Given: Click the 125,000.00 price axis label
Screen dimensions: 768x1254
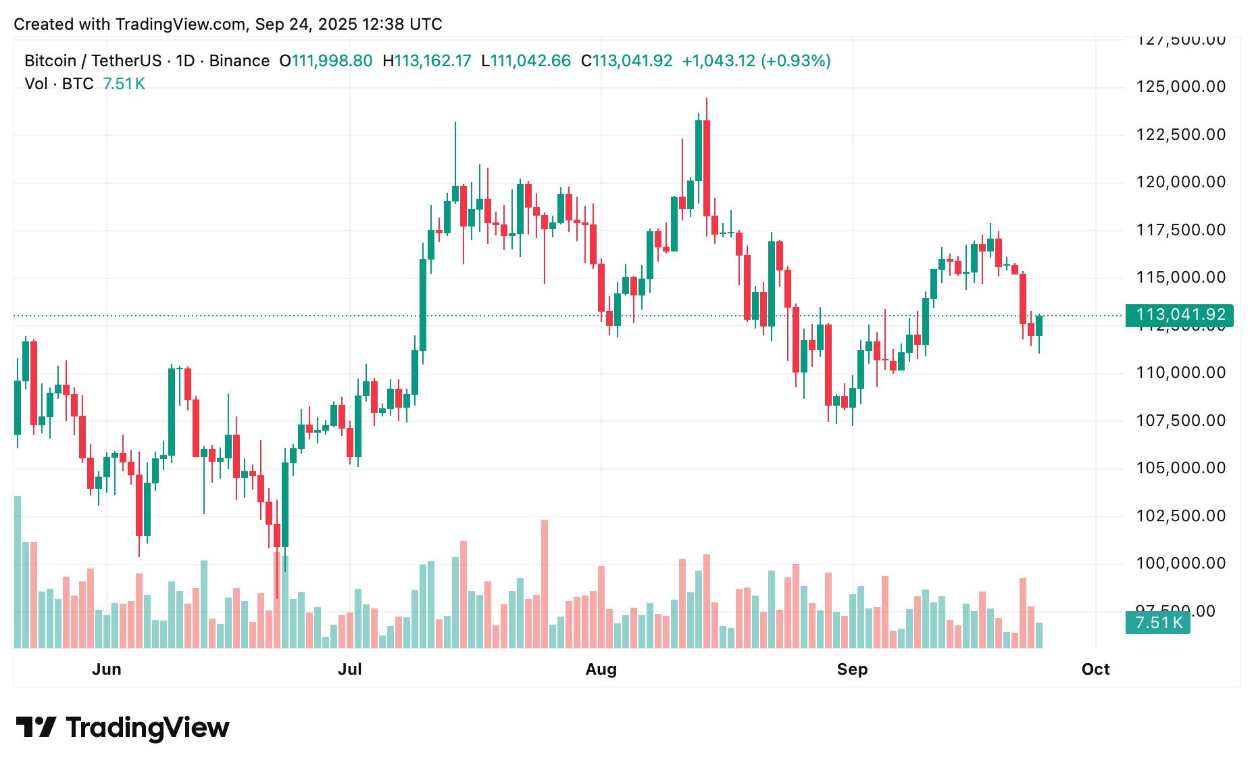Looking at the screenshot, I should tap(1180, 87).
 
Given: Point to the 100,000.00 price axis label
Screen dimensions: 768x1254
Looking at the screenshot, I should tap(1180, 563).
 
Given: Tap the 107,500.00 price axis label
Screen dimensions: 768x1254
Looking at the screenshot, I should tap(1180, 421).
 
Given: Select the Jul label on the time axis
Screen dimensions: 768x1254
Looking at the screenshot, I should tap(349, 669).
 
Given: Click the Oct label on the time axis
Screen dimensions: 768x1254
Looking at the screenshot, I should tap(1095, 669).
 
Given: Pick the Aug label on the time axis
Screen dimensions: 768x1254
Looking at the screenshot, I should tap(601, 669).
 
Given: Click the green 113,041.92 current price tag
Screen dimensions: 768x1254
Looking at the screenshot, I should tap(1179, 315).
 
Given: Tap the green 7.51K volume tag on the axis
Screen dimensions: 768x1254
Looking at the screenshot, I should tap(1157, 623).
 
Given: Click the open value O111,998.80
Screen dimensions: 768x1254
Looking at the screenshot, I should tap(326, 61).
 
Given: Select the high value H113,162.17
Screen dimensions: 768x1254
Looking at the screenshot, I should tap(427, 61).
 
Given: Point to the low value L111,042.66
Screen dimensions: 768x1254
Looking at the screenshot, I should tap(526, 61).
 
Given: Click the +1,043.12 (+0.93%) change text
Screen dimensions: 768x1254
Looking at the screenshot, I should tap(756, 61).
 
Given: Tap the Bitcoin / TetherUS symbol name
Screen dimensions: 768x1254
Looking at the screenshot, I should tap(93, 61).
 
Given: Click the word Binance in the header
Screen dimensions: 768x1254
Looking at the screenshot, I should tap(239, 61).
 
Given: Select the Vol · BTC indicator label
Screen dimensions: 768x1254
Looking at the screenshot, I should tap(59, 84).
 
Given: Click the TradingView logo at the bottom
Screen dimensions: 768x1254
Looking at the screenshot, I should tap(122, 727).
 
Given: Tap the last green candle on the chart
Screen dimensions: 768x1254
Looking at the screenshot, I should tap(1039, 325).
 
